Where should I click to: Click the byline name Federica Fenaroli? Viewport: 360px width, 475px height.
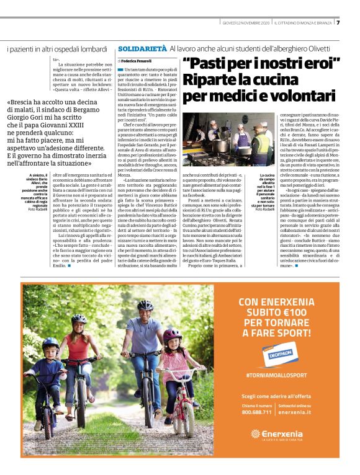[137, 62]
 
